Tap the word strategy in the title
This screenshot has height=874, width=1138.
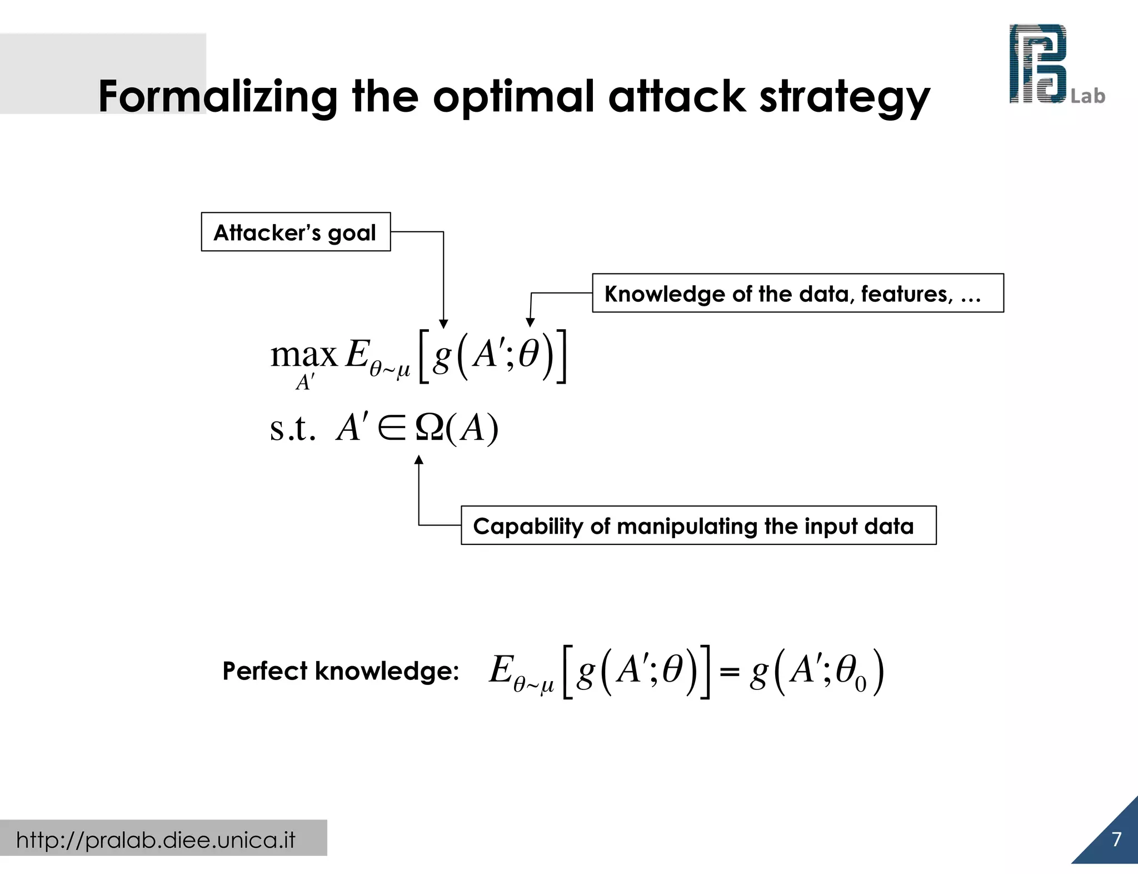[x=844, y=97]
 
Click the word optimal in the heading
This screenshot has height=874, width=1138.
[x=514, y=97]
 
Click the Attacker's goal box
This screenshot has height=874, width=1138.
[x=296, y=232]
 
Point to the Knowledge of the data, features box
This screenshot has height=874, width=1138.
[x=797, y=293]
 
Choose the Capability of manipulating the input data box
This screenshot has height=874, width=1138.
[x=698, y=525]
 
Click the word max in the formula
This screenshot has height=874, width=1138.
[x=303, y=354]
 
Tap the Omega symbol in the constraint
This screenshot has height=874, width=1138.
[x=430, y=428]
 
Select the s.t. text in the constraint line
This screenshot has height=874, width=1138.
[x=292, y=428]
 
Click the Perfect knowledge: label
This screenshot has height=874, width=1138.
[x=341, y=671]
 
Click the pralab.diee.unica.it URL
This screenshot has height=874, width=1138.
[x=156, y=840]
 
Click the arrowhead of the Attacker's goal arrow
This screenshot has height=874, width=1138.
[x=443, y=324]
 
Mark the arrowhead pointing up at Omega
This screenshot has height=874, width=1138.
[x=419, y=460]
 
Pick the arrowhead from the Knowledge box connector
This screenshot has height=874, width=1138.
[x=530, y=322]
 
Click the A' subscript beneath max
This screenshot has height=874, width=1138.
[x=305, y=383]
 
